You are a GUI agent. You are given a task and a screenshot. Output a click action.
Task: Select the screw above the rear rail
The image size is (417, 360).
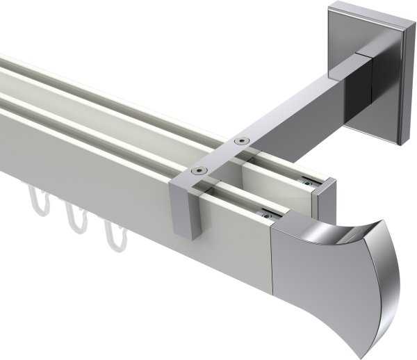coord(241,140)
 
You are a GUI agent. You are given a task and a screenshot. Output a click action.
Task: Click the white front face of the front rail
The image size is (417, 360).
coord(104,181)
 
